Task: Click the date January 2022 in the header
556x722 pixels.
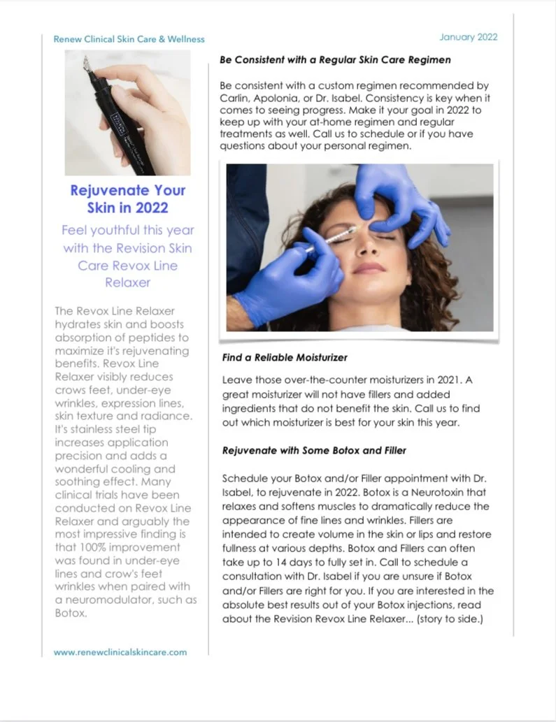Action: click(468, 37)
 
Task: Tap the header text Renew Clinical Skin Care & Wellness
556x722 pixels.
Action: click(129, 39)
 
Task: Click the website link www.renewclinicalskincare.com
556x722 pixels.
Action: click(120, 652)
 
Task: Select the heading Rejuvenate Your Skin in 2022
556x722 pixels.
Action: click(128, 198)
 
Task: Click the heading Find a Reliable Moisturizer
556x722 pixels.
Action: click(285, 357)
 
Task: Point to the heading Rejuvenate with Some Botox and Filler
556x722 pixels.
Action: click(314, 451)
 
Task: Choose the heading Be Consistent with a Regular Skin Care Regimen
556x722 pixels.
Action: click(335, 60)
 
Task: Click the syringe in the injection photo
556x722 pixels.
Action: click(329, 242)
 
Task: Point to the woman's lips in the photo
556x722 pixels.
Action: click(369, 268)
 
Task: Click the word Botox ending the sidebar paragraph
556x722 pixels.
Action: click(70, 614)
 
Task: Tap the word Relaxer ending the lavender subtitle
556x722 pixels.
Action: click(127, 283)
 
